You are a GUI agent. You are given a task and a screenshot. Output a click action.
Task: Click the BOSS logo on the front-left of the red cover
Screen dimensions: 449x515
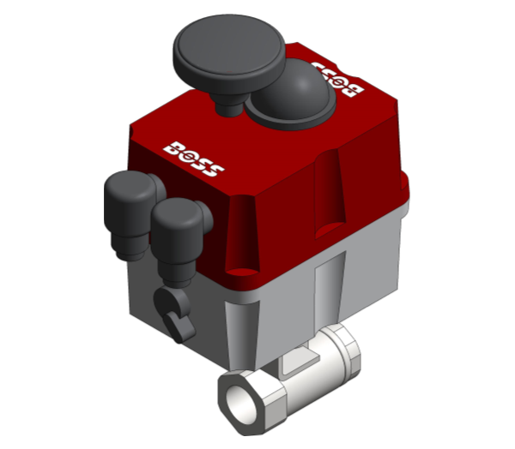194,159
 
